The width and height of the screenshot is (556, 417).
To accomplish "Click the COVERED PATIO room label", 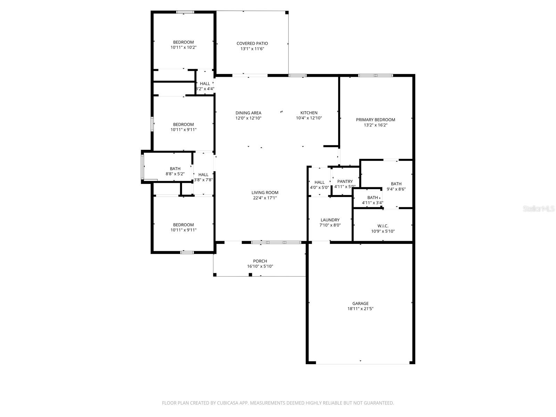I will tap(252, 43).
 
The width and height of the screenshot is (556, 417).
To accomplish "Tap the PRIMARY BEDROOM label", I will tap(375, 120).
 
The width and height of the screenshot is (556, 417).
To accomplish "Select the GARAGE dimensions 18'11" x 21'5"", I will tap(360, 309).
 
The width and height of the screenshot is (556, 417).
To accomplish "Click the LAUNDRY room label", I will tap(330, 220).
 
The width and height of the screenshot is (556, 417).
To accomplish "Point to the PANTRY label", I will tap(345, 181).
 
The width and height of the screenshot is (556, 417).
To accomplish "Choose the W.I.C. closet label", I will tap(382, 226).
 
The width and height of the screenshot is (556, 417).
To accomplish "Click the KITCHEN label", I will tap(309, 113).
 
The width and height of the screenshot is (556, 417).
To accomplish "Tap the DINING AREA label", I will tap(248, 113).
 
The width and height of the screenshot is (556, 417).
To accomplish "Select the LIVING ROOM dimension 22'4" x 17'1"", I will tap(265, 198).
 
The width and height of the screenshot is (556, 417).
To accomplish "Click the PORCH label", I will tap(260, 261).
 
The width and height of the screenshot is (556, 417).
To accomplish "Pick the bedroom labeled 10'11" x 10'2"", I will tap(183, 45).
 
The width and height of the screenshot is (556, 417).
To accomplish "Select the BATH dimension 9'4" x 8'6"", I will tap(396, 189).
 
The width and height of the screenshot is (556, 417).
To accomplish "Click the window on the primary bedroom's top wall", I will tap(375, 75).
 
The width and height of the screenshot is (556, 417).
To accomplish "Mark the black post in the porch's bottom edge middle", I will tap(250, 275).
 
